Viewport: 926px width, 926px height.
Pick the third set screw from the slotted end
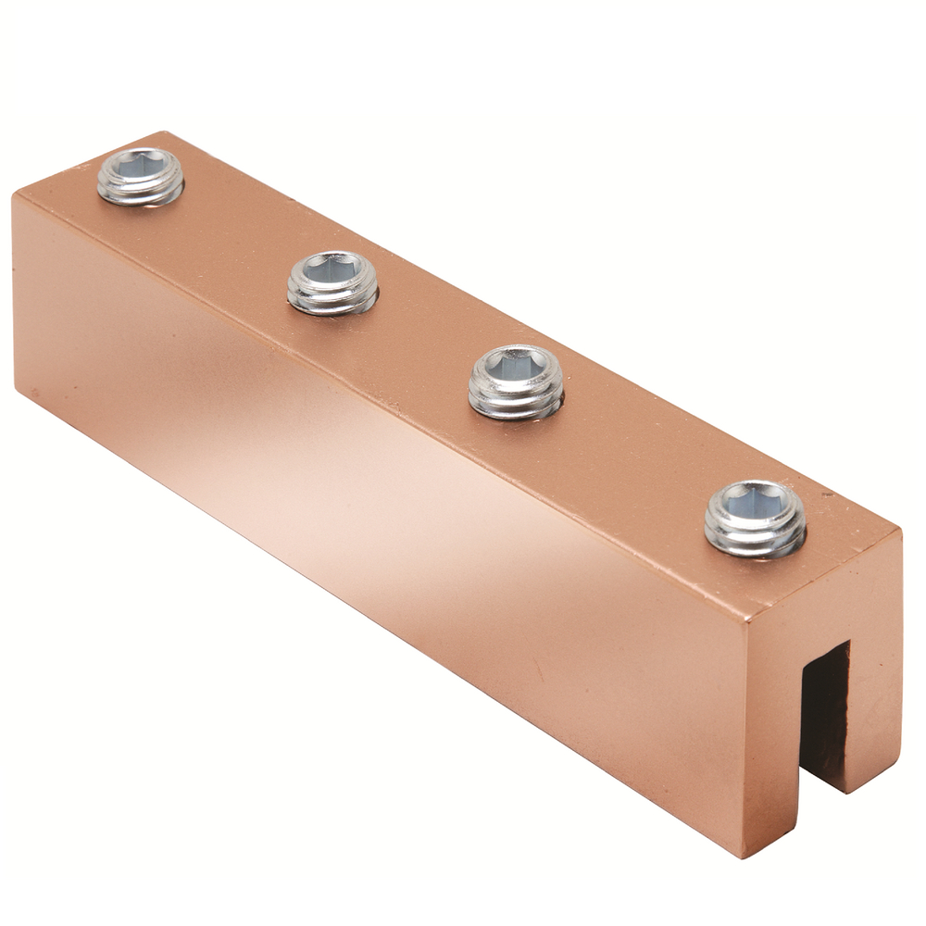[332, 282]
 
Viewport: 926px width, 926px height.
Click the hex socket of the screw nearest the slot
[754, 503]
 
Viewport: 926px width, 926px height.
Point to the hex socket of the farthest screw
[140, 165]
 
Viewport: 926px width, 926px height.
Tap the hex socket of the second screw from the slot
[515, 366]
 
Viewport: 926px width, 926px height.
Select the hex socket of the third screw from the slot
[332, 269]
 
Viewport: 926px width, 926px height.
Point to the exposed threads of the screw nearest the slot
[755, 540]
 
